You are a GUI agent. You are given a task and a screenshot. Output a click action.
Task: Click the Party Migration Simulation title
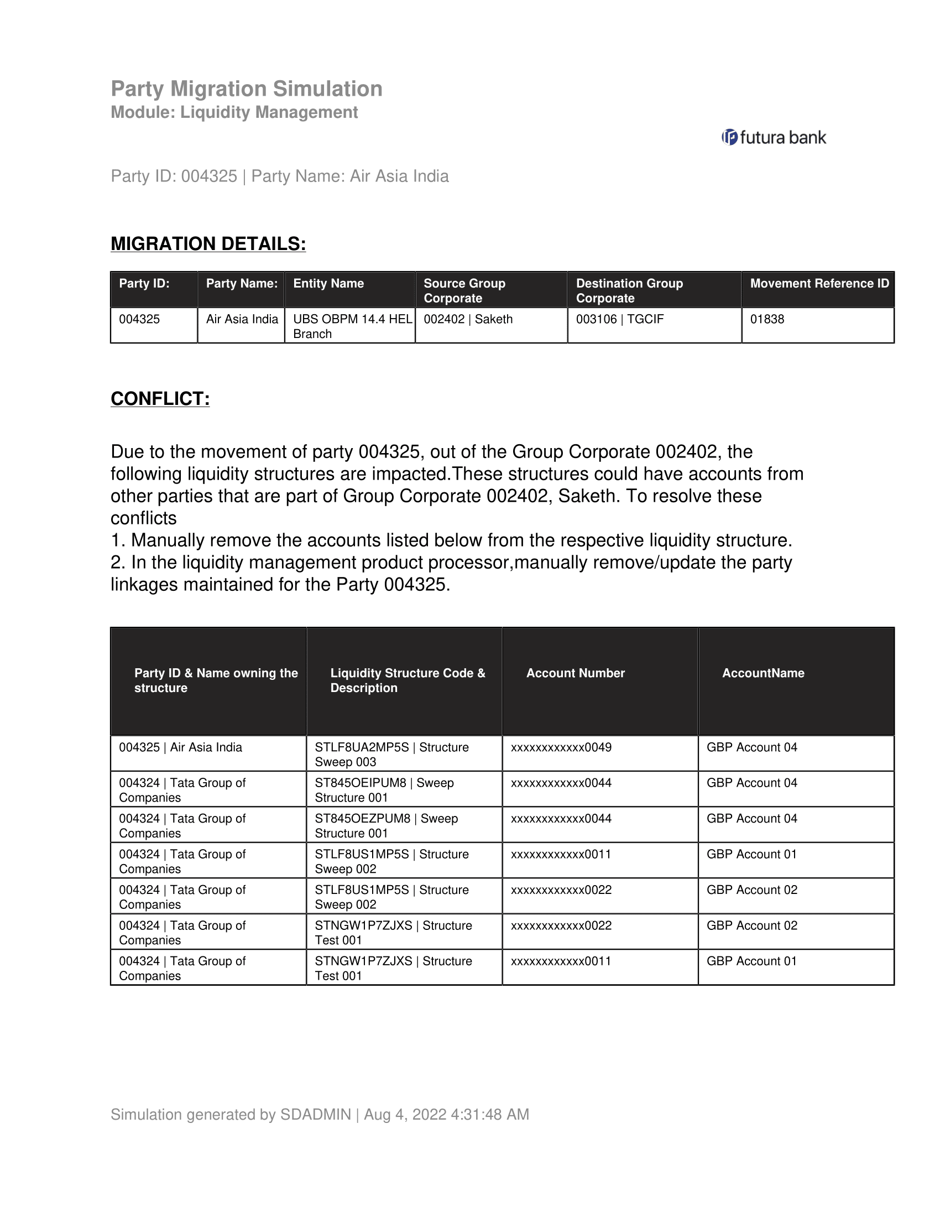[x=246, y=89]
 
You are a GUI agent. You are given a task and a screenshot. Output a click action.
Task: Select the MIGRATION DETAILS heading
[x=208, y=243]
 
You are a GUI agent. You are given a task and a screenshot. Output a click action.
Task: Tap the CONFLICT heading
[x=160, y=398]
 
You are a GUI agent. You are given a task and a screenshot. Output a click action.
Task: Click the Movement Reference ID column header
[x=818, y=284]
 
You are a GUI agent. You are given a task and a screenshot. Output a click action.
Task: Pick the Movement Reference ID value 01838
[x=767, y=319]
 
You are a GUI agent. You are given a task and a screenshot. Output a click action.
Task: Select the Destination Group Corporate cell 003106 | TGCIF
[x=619, y=319]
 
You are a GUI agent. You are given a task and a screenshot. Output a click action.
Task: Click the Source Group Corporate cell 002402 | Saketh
[x=468, y=319]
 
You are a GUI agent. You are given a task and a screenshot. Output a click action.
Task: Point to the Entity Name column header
[x=328, y=284]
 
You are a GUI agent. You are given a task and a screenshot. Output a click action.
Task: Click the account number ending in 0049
[x=561, y=747]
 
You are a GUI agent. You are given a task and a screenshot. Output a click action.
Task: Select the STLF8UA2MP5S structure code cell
[x=391, y=754]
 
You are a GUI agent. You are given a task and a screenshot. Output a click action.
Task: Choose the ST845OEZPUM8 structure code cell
[x=386, y=825]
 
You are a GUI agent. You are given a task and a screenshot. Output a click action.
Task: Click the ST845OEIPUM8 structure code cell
[x=384, y=789]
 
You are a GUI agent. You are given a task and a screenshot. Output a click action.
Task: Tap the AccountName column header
[x=763, y=673]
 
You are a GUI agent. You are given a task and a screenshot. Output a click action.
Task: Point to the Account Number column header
[x=575, y=673]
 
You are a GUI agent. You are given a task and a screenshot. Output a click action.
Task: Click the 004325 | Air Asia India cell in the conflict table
[x=180, y=747]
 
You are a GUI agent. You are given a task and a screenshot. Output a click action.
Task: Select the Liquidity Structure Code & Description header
[x=407, y=680]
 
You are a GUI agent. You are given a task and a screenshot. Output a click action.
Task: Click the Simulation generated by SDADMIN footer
[x=320, y=1114]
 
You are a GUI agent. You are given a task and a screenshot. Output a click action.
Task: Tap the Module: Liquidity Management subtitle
[x=234, y=112]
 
